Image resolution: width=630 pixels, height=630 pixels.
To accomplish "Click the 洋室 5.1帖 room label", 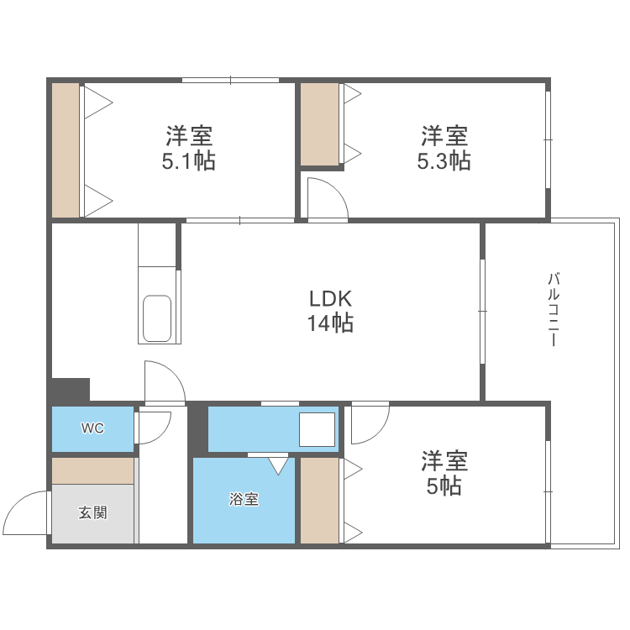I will pos(188,148).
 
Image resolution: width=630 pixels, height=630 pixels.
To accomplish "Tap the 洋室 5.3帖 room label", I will pos(444,148).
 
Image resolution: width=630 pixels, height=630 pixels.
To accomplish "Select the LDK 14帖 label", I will pos(330,310).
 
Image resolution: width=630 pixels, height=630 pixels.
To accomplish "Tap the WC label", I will pos(92,428).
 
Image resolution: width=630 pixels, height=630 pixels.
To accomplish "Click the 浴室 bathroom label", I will pos(244,500).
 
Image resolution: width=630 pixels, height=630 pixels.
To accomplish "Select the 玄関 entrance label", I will pos(92,512).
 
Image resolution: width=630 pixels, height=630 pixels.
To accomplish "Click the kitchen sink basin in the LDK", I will pos(158,318).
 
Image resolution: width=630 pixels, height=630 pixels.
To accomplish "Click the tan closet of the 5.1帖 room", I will pos(65,150).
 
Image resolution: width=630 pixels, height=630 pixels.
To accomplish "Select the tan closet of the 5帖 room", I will pos(319,500).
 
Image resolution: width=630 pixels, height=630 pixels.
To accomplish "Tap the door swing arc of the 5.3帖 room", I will pos(327,200).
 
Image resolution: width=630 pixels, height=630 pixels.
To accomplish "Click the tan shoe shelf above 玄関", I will pos(92,470).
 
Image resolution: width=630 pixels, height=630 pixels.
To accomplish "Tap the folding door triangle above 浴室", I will pos(278,464).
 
